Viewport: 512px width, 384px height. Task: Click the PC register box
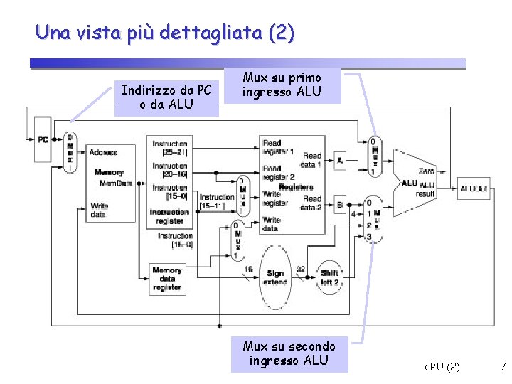tap(43, 140)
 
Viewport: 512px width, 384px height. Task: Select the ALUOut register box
tap(474, 188)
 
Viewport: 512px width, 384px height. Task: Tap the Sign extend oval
tap(275, 277)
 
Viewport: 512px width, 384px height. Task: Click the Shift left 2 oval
tap(330, 277)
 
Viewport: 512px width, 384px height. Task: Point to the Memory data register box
tap(167, 279)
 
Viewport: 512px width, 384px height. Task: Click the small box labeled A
tap(339, 161)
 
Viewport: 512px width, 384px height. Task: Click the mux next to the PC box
tap(70, 152)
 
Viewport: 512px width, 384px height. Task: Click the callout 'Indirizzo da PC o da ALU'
tap(166, 98)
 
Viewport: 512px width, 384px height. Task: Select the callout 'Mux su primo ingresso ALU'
tap(282, 85)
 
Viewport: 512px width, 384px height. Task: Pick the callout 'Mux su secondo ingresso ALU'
tap(289, 353)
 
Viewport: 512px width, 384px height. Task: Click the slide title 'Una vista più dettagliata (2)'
tap(164, 33)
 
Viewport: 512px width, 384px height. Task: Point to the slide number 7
tap(503, 367)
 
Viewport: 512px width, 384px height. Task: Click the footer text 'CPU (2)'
tap(442, 367)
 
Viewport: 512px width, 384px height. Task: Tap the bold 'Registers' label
tap(296, 187)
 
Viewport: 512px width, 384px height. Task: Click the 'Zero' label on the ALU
tap(427, 171)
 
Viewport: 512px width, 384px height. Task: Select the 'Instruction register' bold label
tap(170, 216)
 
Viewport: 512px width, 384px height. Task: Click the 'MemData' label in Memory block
tap(116, 183)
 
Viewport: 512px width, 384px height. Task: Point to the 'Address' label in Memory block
tap(103, 152)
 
